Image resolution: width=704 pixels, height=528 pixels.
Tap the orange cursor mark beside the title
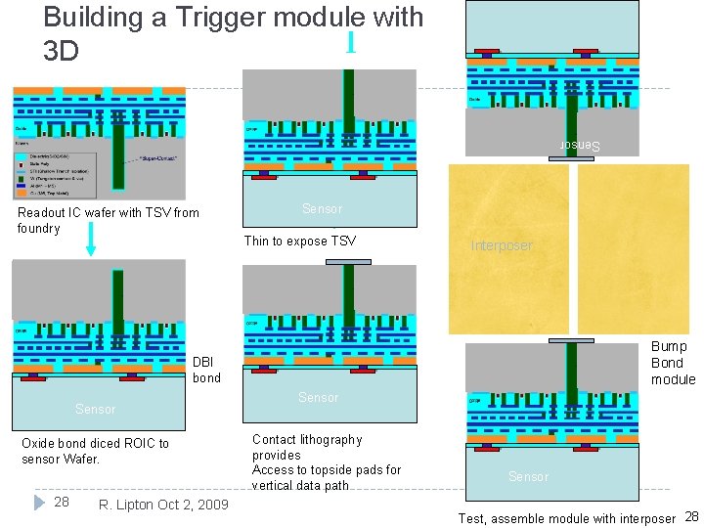coord(350,42)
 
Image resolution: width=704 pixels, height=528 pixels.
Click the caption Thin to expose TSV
coord(299,242)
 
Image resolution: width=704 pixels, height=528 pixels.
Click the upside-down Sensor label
coord(579,146)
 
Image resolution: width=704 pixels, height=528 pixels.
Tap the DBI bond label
coord(206,370)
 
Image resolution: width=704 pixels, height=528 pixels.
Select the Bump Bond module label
coord(673,363)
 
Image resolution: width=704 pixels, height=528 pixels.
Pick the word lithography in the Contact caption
coord(326,440)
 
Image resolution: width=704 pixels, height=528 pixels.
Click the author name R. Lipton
coord(126,505)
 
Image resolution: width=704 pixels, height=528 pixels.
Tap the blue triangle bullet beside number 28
coord(40,503)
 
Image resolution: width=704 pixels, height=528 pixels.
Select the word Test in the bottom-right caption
coord(471,519)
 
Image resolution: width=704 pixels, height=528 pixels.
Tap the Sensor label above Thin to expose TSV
coord(322,208)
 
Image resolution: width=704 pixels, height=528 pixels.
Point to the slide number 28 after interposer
coord(690,516)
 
